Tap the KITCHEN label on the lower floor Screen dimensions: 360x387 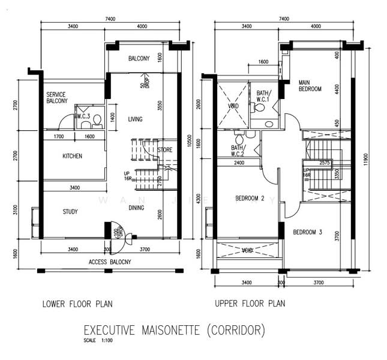pyautogui.click(x=72, y=157)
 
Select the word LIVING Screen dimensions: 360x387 pyautogui.click(x=135, y=119)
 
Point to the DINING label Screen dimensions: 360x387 pyautogui.click(x=136, y=208)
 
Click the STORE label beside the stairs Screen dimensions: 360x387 pyautogui.click(x=165, y=150)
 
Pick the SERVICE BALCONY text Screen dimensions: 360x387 pyautogui.click(x=57, y=98)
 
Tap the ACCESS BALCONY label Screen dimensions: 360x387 pyautogui.click(x=110, y=262)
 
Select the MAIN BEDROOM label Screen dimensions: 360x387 pyautogui.click(x=311, y=85)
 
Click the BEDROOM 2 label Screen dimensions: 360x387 pyautogui.click(x=250, y=199)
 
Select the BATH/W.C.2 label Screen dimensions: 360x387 pyautogui.click(x=238, y=151)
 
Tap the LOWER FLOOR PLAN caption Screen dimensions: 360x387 pyautogui.click(x=77, y=304)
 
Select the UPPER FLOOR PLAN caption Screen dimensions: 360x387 pyautogui.click(x=250, y=304)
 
